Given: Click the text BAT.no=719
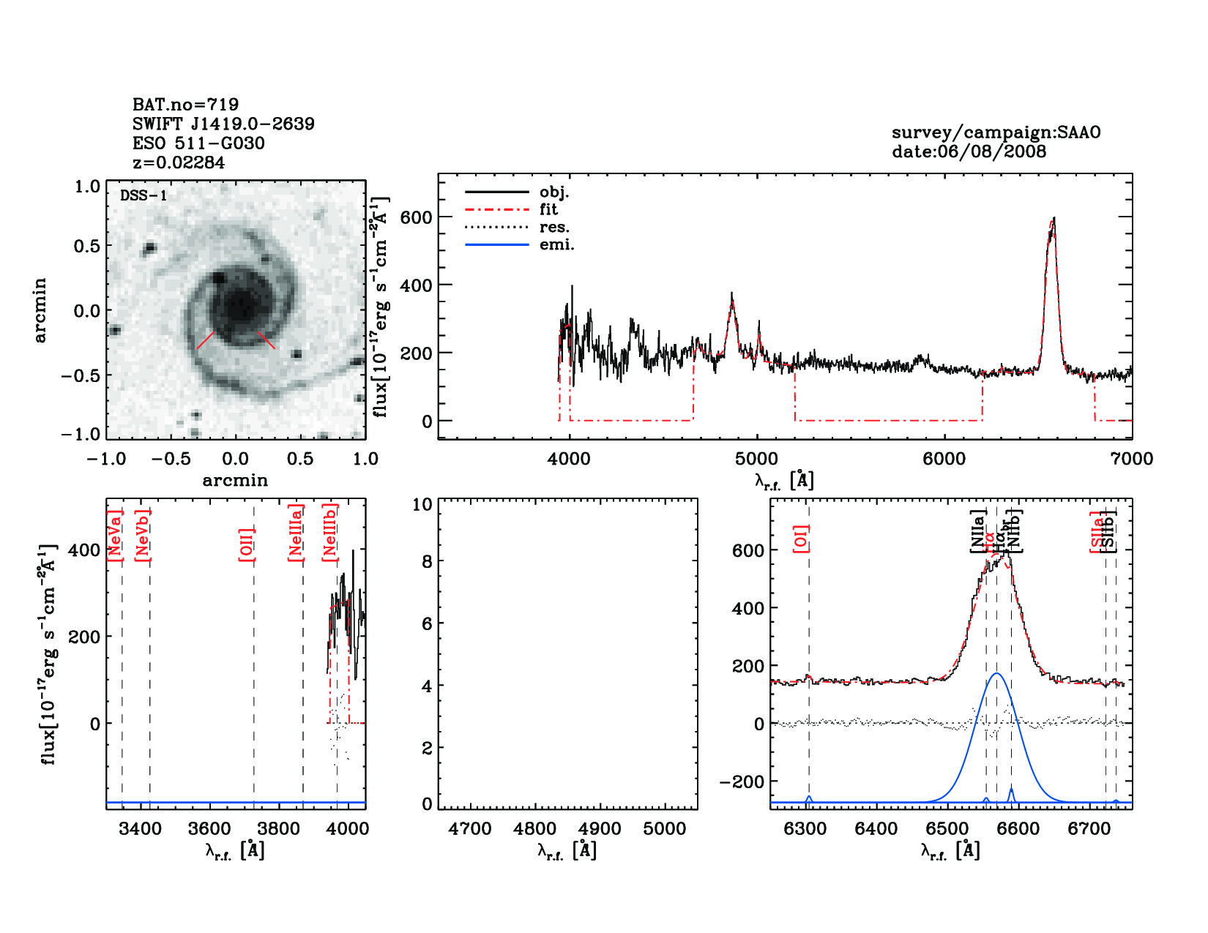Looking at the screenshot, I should pos(185,105).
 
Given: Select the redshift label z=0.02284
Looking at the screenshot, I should pos(179,162).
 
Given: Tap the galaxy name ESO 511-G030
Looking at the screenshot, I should pos(198,143).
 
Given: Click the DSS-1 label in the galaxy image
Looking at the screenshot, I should pos(143,195).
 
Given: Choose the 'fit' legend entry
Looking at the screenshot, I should pos(548,210).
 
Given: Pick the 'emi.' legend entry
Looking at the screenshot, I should pos(556,245).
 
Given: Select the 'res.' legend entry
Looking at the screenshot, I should pos(554,228).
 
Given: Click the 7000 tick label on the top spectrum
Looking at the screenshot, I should pos(1131,459).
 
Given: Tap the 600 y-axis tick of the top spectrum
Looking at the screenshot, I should pos(417,217).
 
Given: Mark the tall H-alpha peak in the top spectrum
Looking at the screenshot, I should pos(1053,220).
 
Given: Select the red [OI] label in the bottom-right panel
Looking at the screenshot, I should pos(802,539).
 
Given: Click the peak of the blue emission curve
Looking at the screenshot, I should pos(996,674).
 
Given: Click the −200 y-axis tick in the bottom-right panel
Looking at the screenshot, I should pos(740,782).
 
